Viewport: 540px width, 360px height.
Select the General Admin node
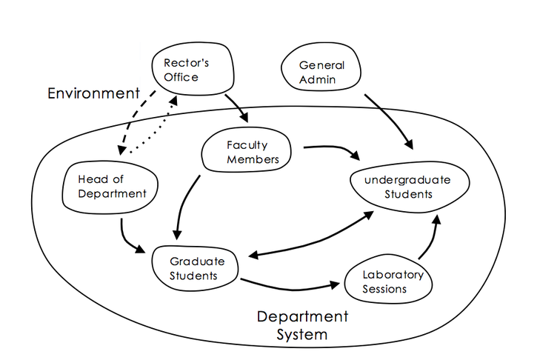coord(321,71)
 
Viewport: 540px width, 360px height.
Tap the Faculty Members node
coord(247,152)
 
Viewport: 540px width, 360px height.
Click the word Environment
coord(93,94)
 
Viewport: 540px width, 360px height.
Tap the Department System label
coord(301,325)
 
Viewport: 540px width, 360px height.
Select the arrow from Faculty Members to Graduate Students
coord(184,204)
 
